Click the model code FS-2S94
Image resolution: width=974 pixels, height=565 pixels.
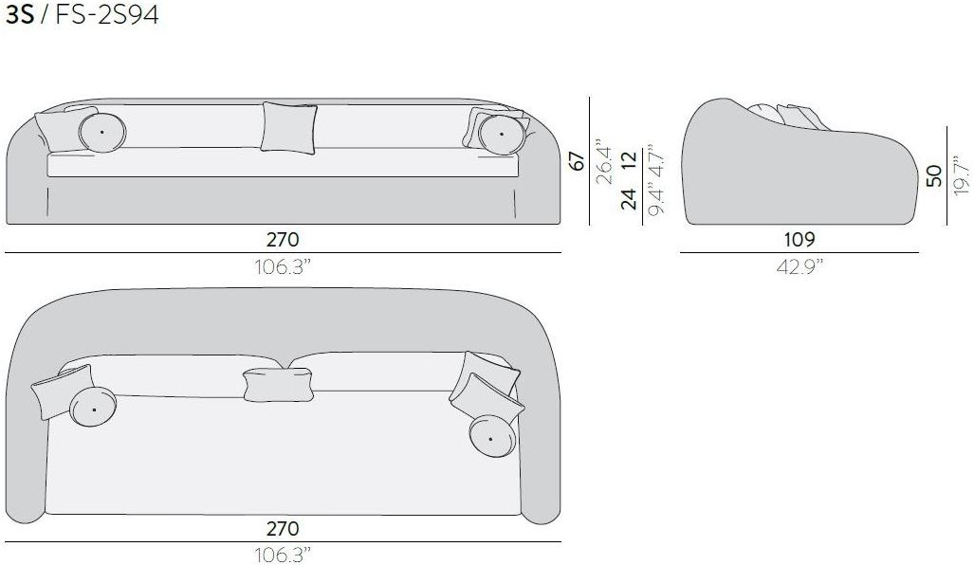click(107, 15)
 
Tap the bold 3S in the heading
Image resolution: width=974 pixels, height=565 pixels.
click(19, 15)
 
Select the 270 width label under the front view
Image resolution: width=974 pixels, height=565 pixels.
click(283, 239)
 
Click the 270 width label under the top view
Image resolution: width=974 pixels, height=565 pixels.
click(283, 528)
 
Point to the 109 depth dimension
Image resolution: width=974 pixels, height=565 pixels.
click(799, 239)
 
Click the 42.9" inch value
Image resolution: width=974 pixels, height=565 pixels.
click(799, 267)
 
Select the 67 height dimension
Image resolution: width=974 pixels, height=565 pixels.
click(577, 161)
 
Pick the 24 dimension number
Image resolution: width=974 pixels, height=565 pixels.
click(629, 199)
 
